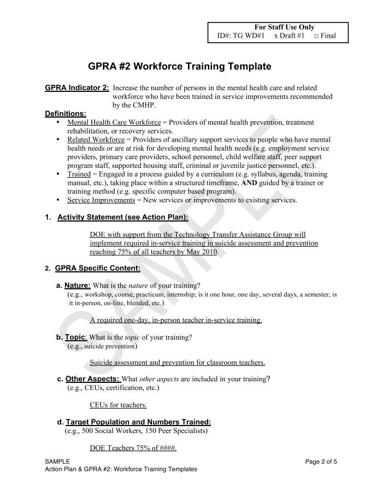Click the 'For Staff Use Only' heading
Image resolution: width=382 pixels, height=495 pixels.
(x=284, y=27)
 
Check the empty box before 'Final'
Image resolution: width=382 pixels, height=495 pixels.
(x=316, y=37)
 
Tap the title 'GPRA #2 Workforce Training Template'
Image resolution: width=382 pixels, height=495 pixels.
(x=180, y=67)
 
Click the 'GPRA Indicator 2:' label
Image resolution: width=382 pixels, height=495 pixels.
(x=77, y=88)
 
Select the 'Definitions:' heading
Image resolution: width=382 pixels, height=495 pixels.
(x=66, y=114)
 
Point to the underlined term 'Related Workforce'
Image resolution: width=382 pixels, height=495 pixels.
(x=96, y=140)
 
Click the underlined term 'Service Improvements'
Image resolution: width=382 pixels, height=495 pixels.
(x=101, y=200)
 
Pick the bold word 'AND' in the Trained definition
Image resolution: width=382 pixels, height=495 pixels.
(x=249, y=183)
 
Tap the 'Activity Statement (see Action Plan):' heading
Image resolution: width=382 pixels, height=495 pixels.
(x=122, y=217)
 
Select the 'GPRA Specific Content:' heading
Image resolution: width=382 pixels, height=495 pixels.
(x=97, y=268)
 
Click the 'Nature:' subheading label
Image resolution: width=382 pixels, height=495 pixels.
(x=77, y=286)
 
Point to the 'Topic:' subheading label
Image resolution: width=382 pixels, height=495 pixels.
(x=76, y=337)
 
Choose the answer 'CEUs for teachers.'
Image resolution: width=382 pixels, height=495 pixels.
(x=118, y=405)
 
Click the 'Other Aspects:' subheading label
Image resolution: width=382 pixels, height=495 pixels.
(x=92, y=378)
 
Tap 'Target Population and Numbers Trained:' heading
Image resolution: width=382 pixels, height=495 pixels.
(x=138, y=422)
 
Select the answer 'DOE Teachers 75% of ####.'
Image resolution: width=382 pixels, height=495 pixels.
(x=133, y=448)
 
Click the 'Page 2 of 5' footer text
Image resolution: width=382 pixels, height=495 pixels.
(x=321, y=461)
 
